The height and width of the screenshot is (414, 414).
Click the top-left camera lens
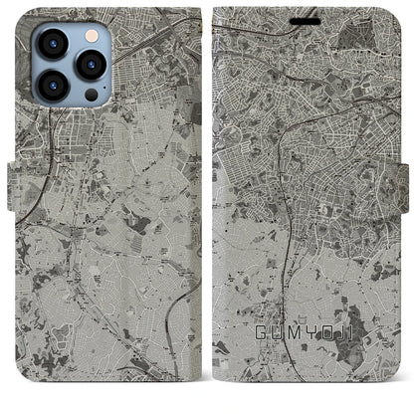[52, 45]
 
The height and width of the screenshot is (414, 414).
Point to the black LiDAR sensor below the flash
[91, 95]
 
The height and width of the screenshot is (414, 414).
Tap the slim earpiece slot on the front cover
[307, 21]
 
